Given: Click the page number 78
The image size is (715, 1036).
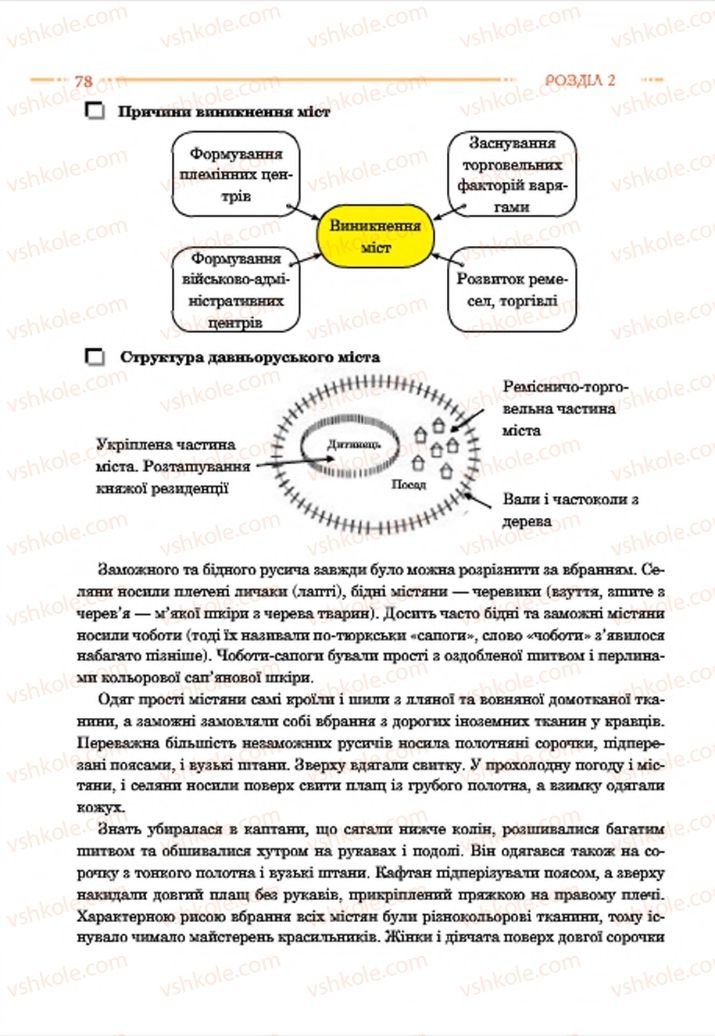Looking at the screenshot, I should pos(84,80).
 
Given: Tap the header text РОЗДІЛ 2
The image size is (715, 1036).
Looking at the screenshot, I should pos(578,80).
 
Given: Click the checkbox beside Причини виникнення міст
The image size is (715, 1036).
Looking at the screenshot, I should pos(96,113).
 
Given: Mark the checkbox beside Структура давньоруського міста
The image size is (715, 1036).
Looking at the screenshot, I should pos(96,356).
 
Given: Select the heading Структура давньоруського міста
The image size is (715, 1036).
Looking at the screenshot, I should pos(249,356).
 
